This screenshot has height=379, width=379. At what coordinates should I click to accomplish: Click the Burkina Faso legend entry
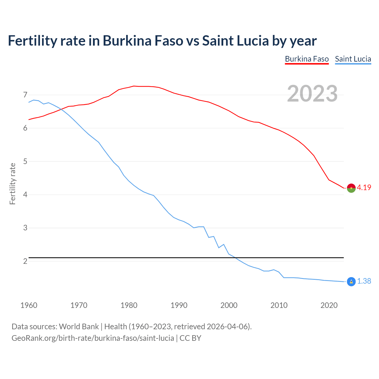point(307,59)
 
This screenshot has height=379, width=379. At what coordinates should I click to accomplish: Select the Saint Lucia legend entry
point(353,59)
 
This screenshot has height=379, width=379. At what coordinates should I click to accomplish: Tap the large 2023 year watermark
point(312,94)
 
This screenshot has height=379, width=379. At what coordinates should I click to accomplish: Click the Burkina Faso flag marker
point(351,188)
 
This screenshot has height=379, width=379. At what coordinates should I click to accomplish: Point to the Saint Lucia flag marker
point(351,282)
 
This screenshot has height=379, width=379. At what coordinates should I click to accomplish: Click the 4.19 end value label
point(364,188)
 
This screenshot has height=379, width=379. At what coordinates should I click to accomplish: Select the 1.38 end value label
point(364,281)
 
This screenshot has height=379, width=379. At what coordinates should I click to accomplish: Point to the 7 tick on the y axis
point(25,95)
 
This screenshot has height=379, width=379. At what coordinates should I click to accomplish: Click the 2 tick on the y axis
point(25,261)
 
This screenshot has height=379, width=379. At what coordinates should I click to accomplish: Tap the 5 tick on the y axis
point(25,162)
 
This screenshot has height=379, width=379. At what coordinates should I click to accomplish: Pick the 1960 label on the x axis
point(29,305)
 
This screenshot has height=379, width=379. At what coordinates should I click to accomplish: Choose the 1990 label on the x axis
point(179,305)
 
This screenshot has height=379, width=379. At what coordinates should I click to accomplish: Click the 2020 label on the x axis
point(329,305)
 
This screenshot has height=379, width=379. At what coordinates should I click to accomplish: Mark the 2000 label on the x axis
point(229,305)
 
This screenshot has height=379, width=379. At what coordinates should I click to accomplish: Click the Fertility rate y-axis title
point(12,184)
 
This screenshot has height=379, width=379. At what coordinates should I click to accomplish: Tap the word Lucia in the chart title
point(252,41)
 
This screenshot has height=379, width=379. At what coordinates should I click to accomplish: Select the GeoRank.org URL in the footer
point(93,338)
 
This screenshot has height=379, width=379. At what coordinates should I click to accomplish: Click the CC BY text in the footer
point(190,338)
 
